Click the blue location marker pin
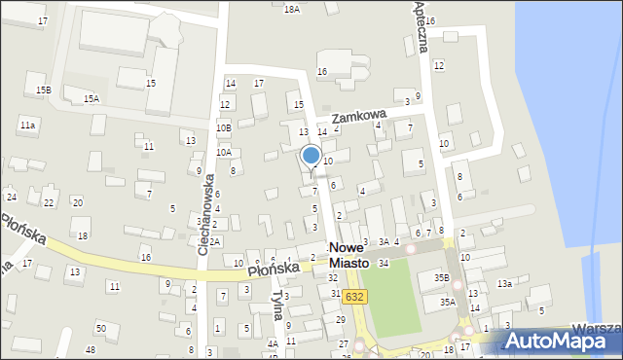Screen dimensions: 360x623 coord(311,156)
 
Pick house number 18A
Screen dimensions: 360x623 coord(291,9)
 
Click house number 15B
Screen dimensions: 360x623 coord(44,90)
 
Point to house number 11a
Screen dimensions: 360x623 coord(28,125)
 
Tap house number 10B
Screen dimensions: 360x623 coord(224,127)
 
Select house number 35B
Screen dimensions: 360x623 coord(441,278)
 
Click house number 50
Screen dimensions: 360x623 coord(101,328)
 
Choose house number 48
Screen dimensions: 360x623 coord(90,349)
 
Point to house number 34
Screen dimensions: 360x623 coord(384,264)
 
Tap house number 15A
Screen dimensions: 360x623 coord(91,98)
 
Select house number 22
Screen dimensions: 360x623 coord(49,202)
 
